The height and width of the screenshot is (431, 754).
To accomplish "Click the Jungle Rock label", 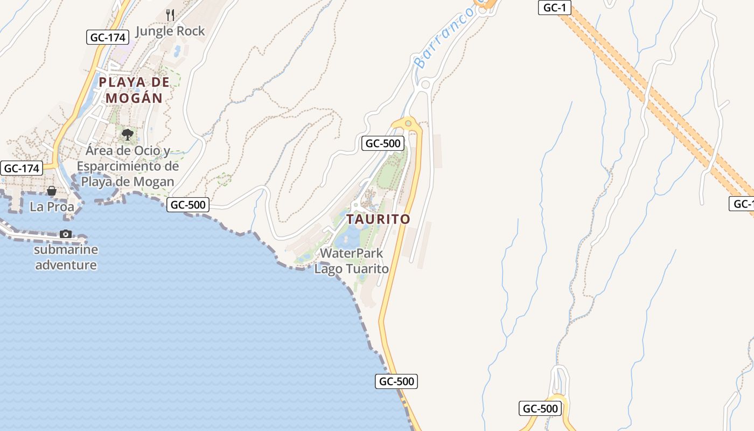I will point(170,31).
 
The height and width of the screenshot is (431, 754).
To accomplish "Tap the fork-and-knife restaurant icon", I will point(170,15).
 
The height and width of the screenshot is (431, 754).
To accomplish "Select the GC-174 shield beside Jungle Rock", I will point(108,37).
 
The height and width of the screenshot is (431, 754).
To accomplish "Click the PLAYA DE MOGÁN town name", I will point(134,90).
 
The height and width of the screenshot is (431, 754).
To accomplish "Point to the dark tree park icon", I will point(128,134).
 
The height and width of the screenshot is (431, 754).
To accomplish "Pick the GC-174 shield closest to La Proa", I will point(22,168).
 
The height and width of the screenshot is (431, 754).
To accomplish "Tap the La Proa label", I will point(52,207).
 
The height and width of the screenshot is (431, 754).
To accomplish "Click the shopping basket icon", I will point(52,191).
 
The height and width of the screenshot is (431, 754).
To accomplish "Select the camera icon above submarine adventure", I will point(66,234).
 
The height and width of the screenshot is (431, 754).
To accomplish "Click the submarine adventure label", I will point(66,257).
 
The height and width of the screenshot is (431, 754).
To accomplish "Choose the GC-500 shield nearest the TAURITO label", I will point(383,143).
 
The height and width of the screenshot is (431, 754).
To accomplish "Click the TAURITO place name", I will point(378,219).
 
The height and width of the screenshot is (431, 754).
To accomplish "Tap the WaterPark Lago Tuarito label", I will point(352,261).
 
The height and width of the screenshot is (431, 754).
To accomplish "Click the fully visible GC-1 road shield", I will point(554,8).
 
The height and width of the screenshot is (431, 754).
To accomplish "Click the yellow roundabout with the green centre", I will point(408,123).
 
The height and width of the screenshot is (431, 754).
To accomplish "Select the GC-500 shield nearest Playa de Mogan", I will point(187,205).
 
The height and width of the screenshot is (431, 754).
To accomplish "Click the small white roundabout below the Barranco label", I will point(425,84).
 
